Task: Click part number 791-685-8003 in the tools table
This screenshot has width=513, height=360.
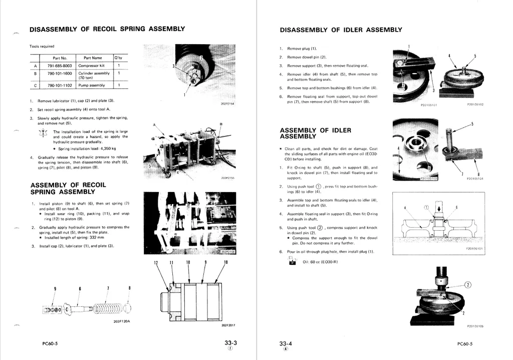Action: click(x=60, y=66)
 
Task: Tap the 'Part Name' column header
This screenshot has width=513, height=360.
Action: click(x=93, y=58)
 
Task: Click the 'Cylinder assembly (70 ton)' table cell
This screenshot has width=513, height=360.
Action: click(x=94, y=75)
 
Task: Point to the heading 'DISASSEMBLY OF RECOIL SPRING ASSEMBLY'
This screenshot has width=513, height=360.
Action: click(x=107, y=29)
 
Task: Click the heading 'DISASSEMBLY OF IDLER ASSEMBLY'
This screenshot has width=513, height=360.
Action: click(x=341, y=30)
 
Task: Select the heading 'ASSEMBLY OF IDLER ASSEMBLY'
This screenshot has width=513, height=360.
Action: click(x=315, y=133)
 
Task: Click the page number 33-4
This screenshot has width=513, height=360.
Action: click(x=286, y=343)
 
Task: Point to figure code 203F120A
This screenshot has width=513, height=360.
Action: click(x=122, y=321)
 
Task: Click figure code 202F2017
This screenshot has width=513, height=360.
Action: click(x=228, y=325)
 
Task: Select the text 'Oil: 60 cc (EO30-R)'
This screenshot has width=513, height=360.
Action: click(x=321, y=262)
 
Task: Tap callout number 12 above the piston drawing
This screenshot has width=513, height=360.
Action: click(x=156, y=263)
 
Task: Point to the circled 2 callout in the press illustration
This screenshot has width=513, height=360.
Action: click(x=468, y=285)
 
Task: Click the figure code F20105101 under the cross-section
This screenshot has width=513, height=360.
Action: click(x=474, y=248)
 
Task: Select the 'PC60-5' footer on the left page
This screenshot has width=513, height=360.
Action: click(x=50, y=344)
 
